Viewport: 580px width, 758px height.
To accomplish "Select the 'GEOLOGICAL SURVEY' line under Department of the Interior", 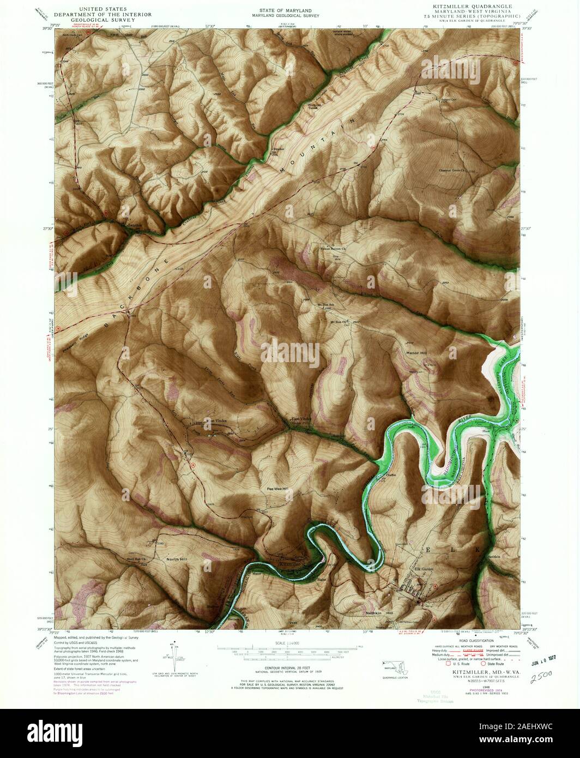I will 95,21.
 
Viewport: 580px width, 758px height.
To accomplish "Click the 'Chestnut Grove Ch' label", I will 454,170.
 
